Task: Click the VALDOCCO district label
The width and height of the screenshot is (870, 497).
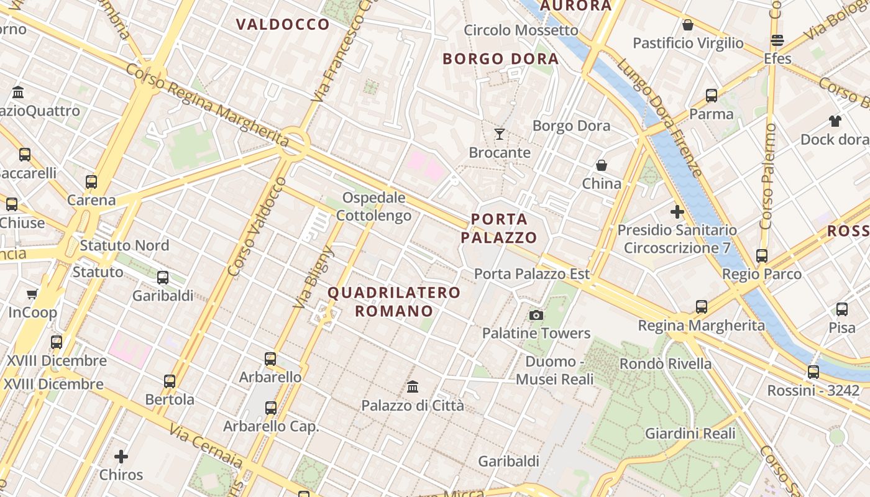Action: pos(283,25)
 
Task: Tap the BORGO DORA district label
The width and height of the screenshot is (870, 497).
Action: pos(500,59)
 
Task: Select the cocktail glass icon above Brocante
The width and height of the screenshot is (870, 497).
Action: pos(499,134)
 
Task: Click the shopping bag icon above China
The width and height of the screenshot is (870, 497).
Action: pos(602,165)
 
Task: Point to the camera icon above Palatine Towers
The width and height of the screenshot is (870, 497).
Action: pos(536,315)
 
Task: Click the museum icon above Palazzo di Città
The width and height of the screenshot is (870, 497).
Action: pos(413,387)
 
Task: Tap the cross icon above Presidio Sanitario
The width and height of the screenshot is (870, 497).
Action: pos(677,212)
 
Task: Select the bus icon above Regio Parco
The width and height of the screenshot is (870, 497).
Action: pos(762,255)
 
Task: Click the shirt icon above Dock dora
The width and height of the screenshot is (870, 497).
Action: pos(835,121)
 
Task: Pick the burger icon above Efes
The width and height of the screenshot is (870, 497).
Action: pos(777,40)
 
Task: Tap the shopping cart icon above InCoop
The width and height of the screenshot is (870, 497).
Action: pos(32,294)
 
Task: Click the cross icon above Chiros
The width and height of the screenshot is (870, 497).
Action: pos(121,457)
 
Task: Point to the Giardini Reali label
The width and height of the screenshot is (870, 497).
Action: pos(690,434)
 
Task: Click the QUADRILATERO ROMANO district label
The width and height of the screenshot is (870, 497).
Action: pos(394,301)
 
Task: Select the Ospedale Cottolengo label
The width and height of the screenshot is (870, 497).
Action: pos(373,207)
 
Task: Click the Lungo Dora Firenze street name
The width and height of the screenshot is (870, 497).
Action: pos(659,118)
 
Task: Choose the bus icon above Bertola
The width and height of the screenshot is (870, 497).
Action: pos(170,381)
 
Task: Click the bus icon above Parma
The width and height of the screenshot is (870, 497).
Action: pos(712,96)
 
